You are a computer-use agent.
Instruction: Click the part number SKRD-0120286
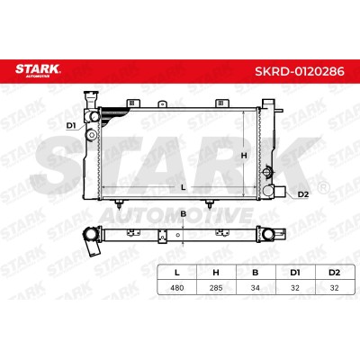(x=300, y=72)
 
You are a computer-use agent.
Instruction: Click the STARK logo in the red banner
(x=38, y=70)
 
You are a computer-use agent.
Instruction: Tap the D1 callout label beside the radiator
(x=71, y=126)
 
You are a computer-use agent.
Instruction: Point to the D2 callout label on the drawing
(x=303, y=194)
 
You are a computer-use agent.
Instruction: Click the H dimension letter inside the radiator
(x=244, y=156)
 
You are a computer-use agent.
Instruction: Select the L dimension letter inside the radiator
(x=184, y=187)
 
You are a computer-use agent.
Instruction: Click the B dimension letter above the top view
(x=184, y=214)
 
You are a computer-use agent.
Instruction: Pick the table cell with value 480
(x=177, y=288)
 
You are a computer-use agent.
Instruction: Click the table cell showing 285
(x=216, y=288)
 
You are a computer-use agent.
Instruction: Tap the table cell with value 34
(x=256, y=288)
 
